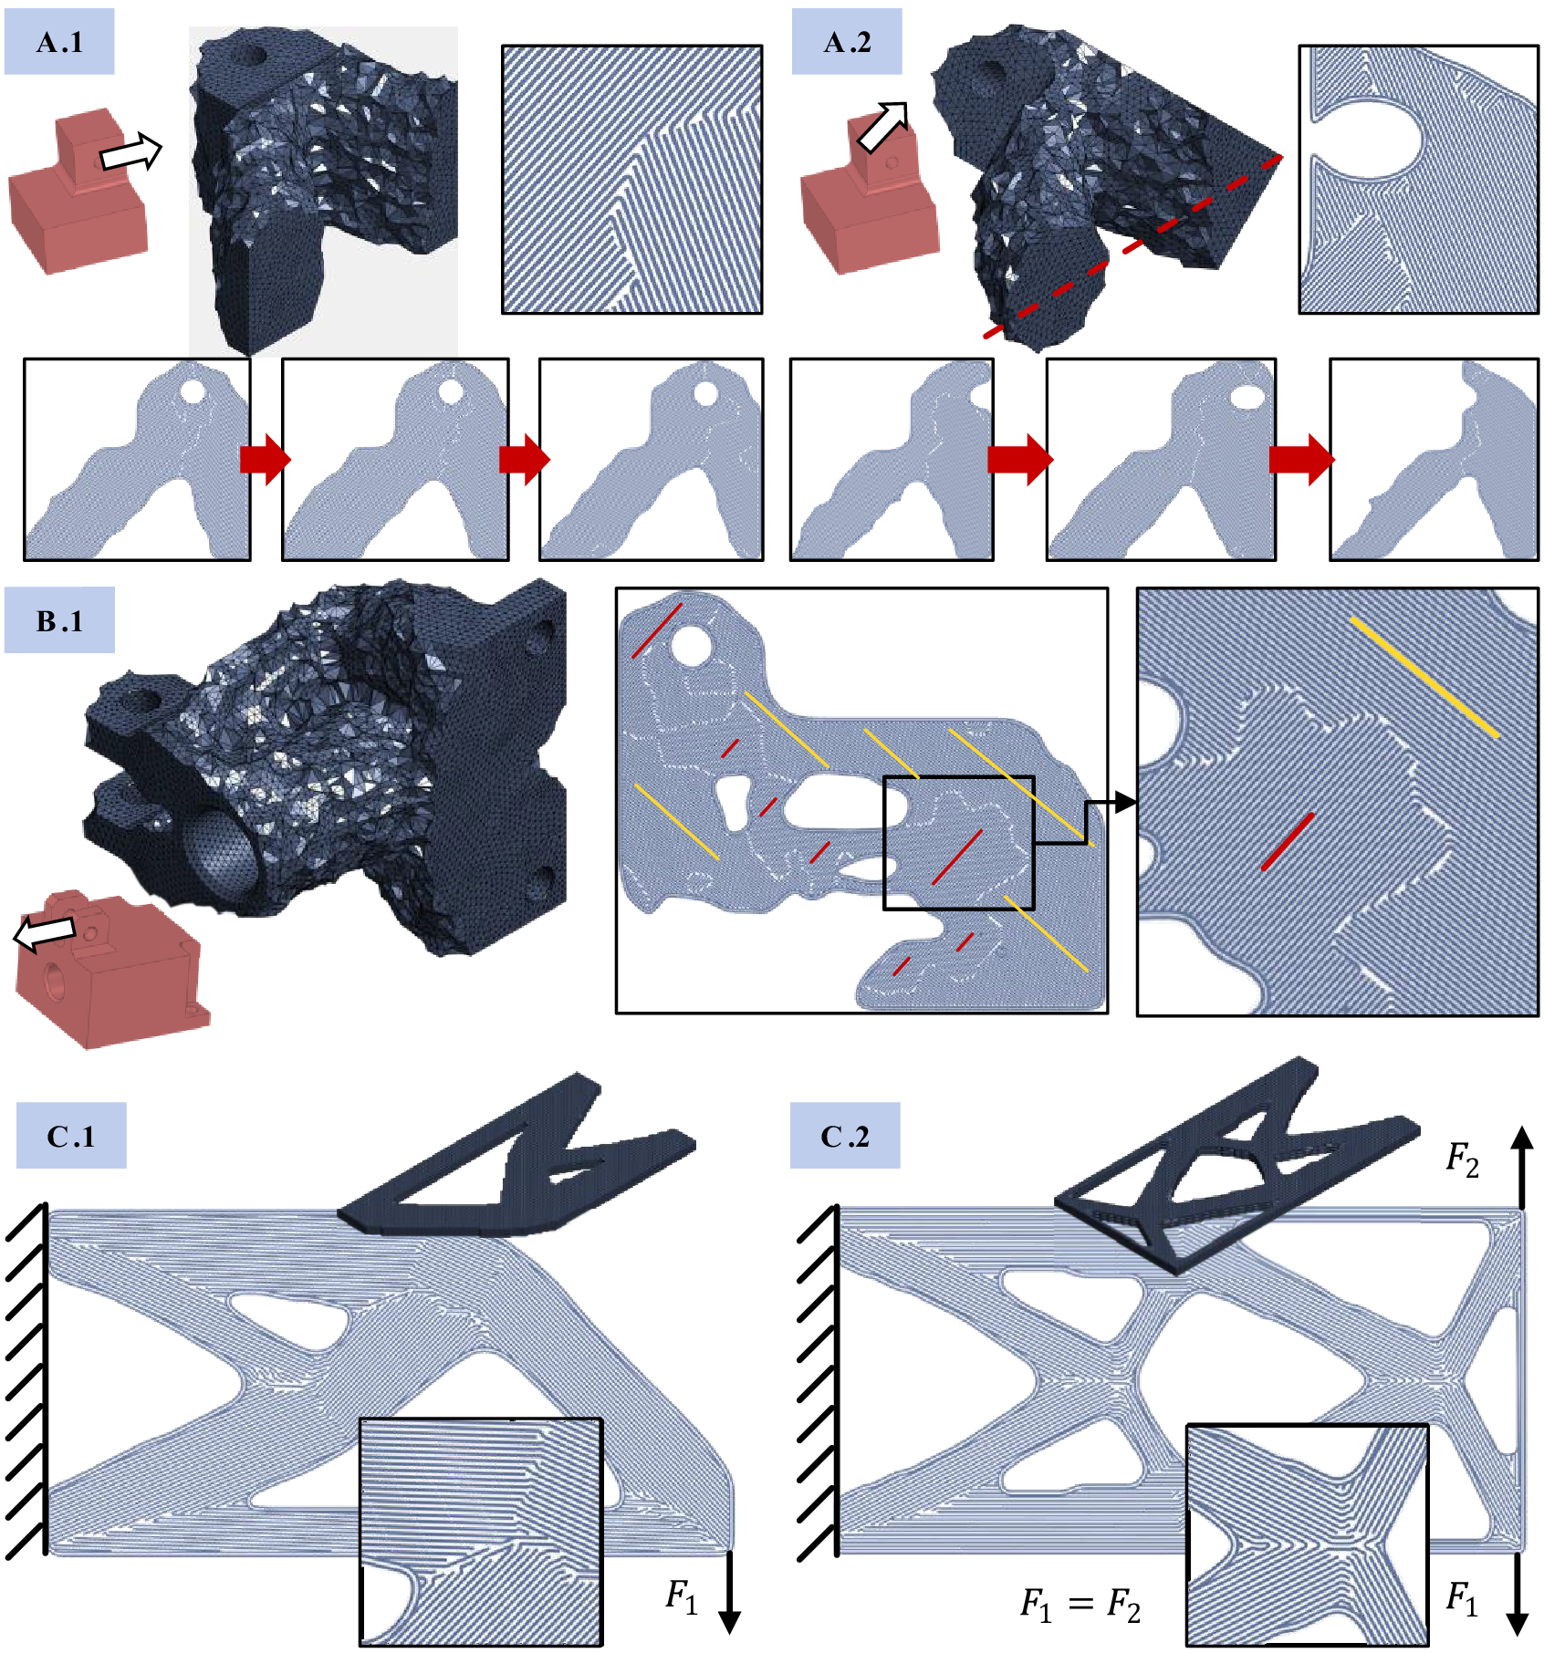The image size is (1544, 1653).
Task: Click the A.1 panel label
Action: pyautogui.click(x=59, y=42)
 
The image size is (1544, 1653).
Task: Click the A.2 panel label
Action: pyautogui.click(x=846, y=42)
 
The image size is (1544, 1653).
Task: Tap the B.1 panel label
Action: pyautogui.click(x=59, y=620)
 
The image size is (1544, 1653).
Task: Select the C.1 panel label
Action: pyautogui.click(x=71, y=1136)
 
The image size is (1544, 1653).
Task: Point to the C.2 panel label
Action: pyautogui.click(x=845, y=1136)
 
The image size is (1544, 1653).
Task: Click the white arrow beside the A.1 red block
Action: pyautogui.click(x=130, y=152)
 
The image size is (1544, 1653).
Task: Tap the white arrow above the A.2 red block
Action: pyautogui.click(x=883, y=125)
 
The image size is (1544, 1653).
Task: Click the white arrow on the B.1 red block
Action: pyautogui.click(x=44, y=932)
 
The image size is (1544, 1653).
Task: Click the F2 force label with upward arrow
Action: pyautogui.click(x=1462, y=1159)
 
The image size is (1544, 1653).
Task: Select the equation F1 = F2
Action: pyautogui.click(x=1080, y=1603)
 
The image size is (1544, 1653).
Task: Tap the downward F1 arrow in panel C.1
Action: pyautogui.click(x=729, y=1591)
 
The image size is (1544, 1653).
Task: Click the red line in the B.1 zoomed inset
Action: pyautogui.click(x=1288, y=841)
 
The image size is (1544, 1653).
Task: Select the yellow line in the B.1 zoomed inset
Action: pyautogui.click(x=1424, y=676)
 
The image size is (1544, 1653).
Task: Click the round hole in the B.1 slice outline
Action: pyautogui.click(x=691, y=645)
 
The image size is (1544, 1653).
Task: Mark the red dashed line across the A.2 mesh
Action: pyautogui.click(x=1132, y=246)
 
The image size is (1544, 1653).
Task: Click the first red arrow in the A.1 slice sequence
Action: pyautogui.click(x=265, y=459)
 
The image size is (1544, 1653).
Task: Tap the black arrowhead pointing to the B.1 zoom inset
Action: pyautogui.click(x=1124, y=802)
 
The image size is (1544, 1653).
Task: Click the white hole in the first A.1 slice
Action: pyautogui.click(x=193, y=392)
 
